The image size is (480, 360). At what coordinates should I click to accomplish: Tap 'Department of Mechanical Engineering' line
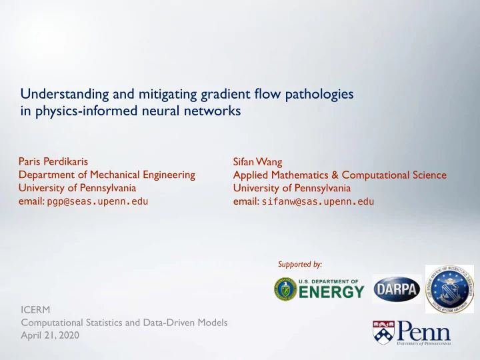(108, 175)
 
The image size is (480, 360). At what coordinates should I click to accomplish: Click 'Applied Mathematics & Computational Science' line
(339, 175)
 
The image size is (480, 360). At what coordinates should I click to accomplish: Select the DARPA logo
(396, 289)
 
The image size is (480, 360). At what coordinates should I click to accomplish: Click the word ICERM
(35, 309)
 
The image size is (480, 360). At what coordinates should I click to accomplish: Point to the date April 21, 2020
(50, 336)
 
